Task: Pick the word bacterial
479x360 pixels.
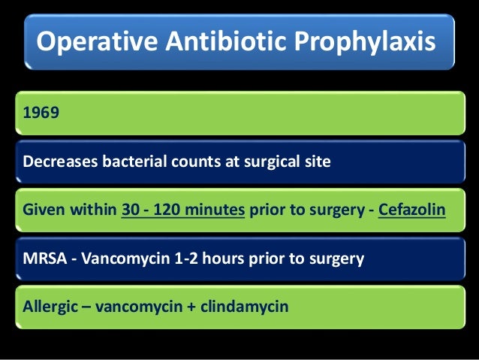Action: pos(132,161)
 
